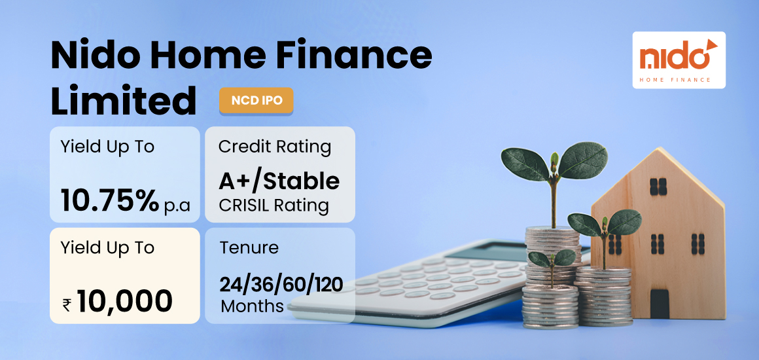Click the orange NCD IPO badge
(x=256, y=101)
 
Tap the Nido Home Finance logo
(x=679, y=60)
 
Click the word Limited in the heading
(x=124, y=101)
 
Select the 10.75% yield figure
(x=110, y=200)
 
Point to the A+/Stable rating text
(x=279, y=181)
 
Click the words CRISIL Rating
(x=274, y=206)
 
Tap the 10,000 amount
(x=124, y=300)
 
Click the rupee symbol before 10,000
(x=67, y=305)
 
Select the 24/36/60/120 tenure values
(x=282, y=285)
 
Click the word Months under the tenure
(x=252, y=306)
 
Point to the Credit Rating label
(x=275, y=147)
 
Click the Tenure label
(x=249, y=247)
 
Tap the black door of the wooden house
(x=660, y=304)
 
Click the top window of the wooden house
(x=658, y=187)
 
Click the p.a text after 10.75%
(x=176, y=206)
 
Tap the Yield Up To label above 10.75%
(x=107, y=147)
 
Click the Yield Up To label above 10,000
(x=107, y=248)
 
